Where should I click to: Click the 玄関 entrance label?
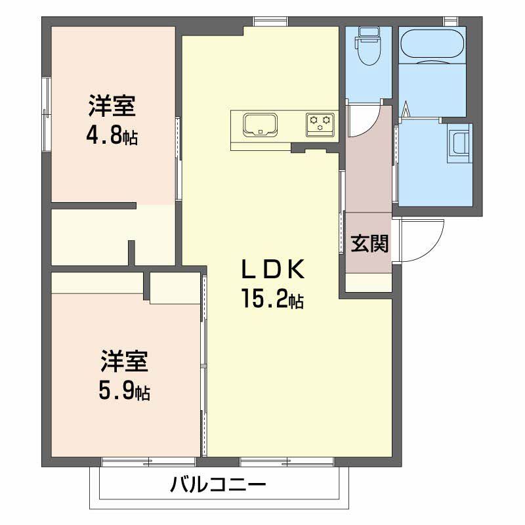[369, 243]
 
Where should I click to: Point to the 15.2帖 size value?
[272, 300]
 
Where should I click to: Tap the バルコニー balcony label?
[219, 486]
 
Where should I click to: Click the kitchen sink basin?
[261, 124]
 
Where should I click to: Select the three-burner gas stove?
[320, 123]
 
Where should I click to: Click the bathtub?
[432, 44]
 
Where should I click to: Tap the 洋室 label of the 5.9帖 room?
[123, 362]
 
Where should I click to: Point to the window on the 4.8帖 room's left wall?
[46, 115]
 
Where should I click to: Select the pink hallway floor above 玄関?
[367, 171]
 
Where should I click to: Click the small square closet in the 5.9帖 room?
[175, 287]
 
